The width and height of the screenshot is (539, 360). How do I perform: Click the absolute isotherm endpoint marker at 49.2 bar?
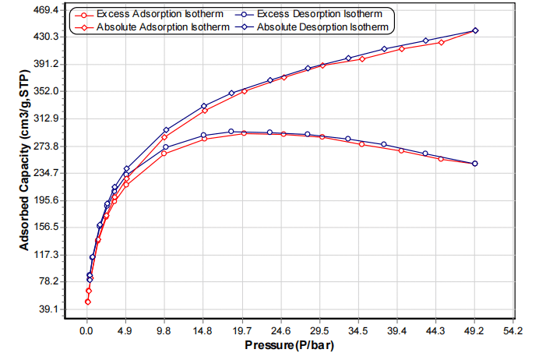tap(475, 30)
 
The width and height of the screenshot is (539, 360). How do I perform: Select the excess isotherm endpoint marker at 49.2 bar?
tap(475, 164)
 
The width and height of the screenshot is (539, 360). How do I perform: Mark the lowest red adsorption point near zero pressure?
tap(88, 302)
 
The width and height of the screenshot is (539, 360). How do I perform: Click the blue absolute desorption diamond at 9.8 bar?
tap(166, 129)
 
